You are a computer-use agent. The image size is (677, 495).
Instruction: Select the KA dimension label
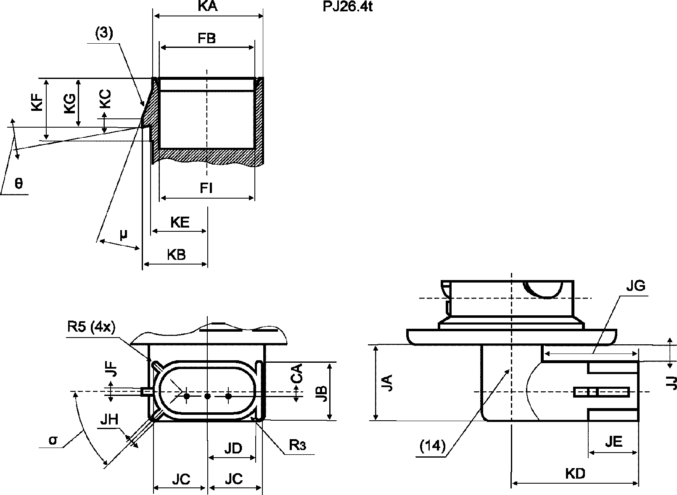pos(208,5)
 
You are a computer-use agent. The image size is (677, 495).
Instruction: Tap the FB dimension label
pos(207,38)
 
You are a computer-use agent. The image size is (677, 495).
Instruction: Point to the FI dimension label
pos(206,188)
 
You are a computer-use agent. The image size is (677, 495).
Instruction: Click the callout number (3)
pos(104,33)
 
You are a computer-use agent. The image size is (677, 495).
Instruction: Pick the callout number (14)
pos(433,446)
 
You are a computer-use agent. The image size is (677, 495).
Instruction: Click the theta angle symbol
pos(19,183)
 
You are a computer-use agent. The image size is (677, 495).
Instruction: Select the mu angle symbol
pos(123,234)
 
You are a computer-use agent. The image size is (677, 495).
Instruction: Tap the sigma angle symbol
pos(53,440)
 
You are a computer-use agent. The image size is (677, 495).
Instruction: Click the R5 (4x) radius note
pos(91,327)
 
